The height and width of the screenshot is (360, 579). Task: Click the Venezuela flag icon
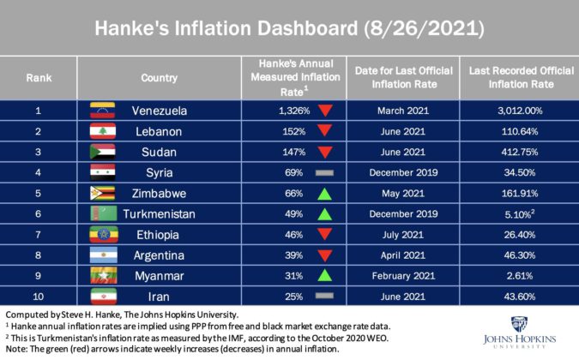[x=102, y=111]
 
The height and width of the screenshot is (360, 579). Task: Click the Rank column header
[x=39, y=76]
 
